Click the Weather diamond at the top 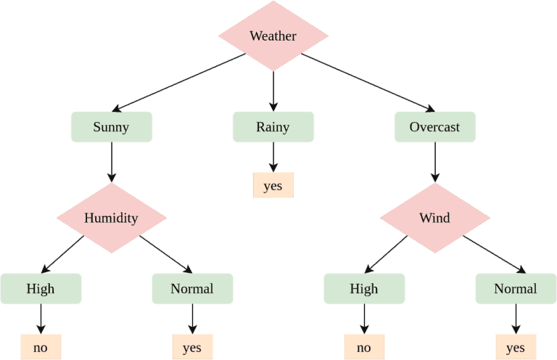point(273,36)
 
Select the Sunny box point(111,127)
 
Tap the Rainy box point(273,127)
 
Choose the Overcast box point(434,127)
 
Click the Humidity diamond point(111,218)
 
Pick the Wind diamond point(434,218)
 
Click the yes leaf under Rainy point(273,186)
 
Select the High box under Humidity point(41,289)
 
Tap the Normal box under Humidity point(192,289)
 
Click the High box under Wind point(364,289)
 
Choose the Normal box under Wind point(516,289)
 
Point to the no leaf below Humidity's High point(41,348)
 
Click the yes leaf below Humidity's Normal point(192,348)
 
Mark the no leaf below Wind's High point(364,348)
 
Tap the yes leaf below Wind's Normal point(516,348)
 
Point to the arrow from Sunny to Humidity point(111,161)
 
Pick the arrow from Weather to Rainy point(273,91)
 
